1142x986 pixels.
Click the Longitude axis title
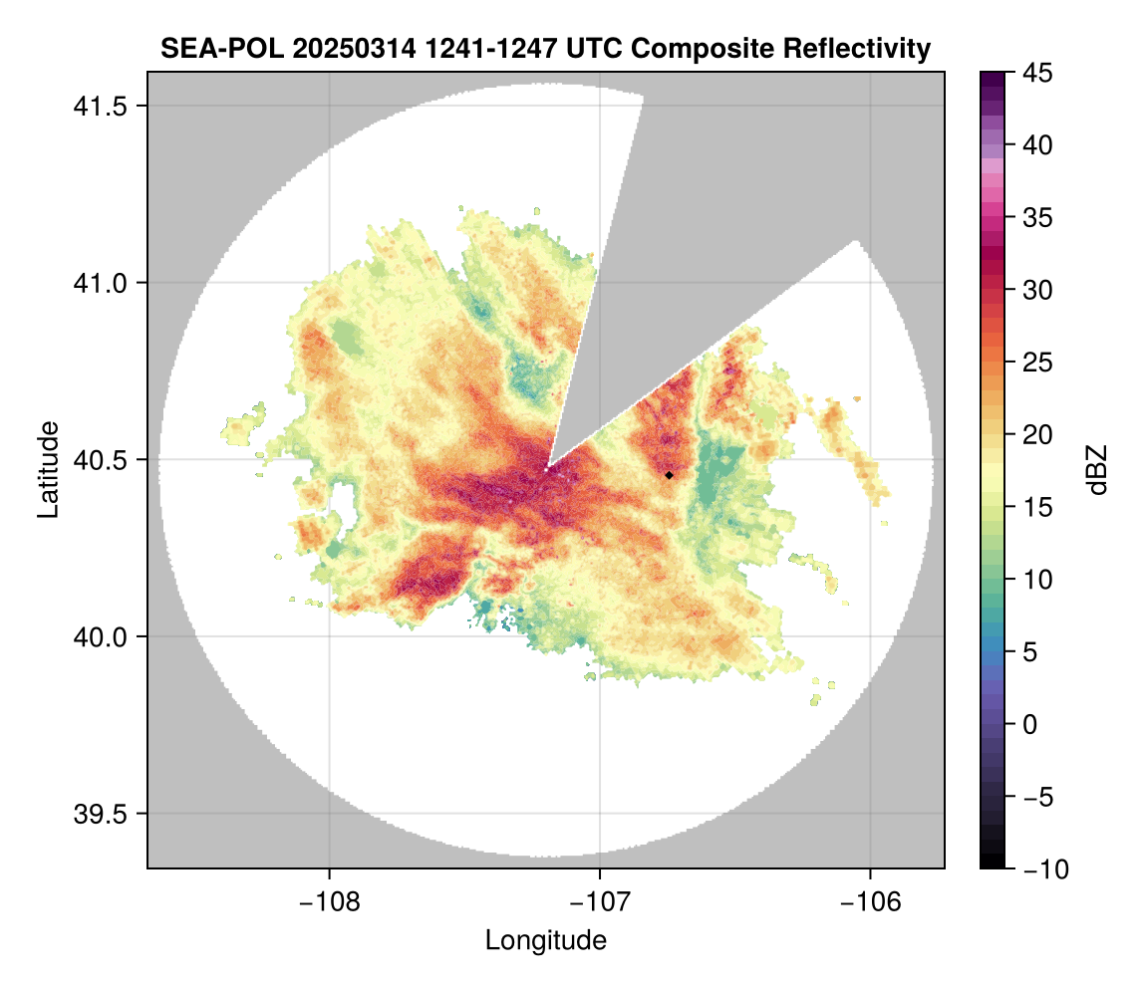click(x=546, y=939)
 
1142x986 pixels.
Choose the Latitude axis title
click(x=47, y=469)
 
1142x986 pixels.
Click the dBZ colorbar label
click(x=1097, y=469)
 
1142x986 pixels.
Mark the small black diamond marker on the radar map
click(x=670, y=475)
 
